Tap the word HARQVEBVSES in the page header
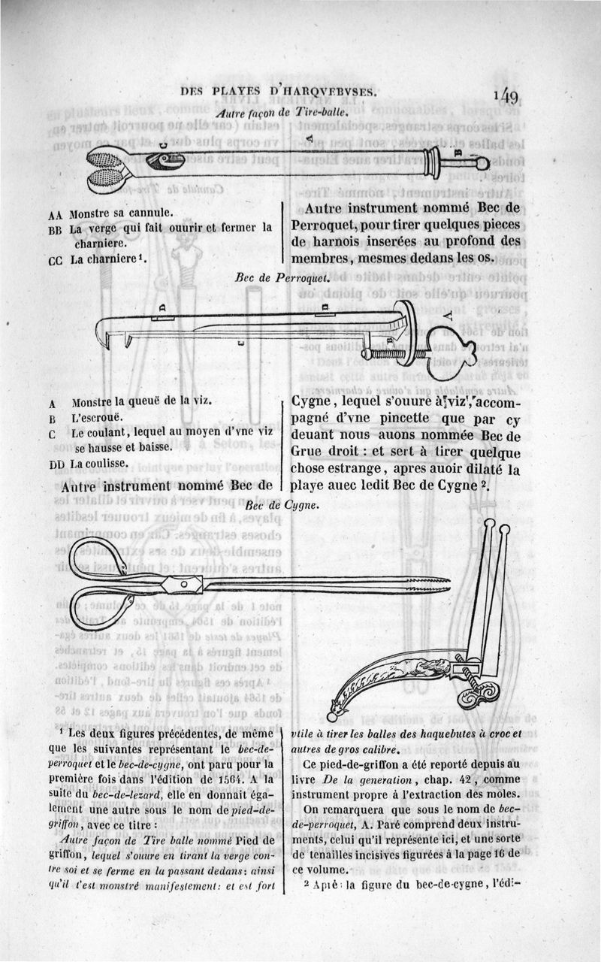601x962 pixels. (325, 92)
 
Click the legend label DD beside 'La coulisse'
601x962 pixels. (57, 464)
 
